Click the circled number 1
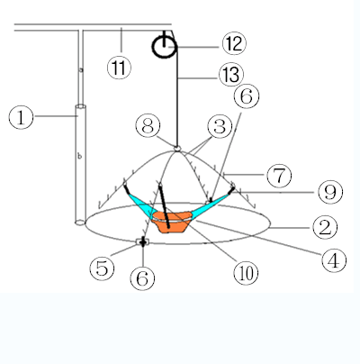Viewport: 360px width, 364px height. (21, 117)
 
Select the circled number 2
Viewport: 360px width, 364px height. (325, 228)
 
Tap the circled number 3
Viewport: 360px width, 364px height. (220, 126)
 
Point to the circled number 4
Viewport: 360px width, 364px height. (334, 260)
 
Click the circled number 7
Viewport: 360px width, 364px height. (279, 176)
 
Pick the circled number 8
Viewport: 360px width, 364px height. (148, 126)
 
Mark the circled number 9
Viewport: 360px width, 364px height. (330, 192)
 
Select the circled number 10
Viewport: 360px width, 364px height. (246, 273)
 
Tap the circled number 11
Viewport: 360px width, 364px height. (119, 68)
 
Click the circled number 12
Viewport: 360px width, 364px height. (234, 43)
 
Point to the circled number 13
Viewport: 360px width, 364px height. (231, 74)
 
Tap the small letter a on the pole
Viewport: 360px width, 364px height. (81, 69)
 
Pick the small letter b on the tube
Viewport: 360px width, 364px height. (79, 156)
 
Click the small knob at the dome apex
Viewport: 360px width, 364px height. (177, 148)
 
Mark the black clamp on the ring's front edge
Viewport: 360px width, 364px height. (142, 241)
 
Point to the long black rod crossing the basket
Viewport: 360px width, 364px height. (165, 205)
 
